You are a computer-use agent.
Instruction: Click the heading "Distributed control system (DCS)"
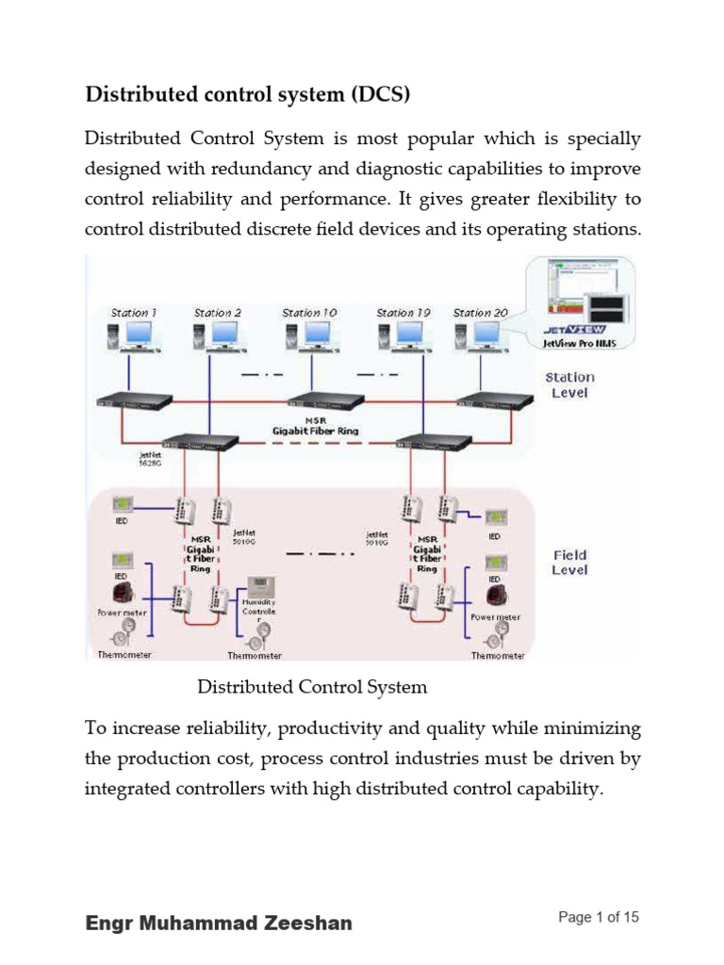[x=249, y=95]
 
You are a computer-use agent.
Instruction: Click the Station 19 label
[x=403, y=312]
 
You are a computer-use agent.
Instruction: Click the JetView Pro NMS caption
[x=580, y=345]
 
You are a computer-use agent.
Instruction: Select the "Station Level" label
[x=569, y=384]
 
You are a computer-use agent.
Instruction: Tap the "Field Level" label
[x=569, y=563]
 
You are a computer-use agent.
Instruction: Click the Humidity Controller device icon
[x=257, y=590]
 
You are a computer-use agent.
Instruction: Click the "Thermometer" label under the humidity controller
[x=255, y=656]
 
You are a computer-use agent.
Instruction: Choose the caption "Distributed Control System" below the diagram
[x=312, y=687]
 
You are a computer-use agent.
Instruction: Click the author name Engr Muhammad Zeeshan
[x=219, y=923]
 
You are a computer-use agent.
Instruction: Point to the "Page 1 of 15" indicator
[x=599, y=917]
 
